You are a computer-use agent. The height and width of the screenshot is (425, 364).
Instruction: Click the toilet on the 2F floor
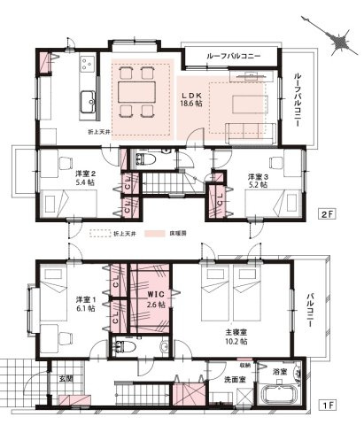[147, 160]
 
